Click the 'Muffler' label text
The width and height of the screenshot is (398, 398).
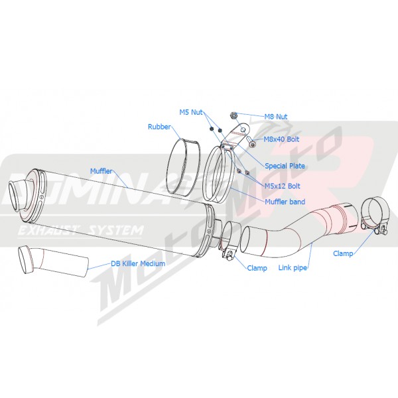(x=101, y=171)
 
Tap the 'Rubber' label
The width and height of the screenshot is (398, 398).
(x=159, y=127)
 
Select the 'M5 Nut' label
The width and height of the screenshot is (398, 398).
(x=191, y=112)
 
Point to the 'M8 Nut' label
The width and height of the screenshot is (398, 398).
(x=276, y=117)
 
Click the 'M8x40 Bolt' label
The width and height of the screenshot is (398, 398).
(x=281, y=139)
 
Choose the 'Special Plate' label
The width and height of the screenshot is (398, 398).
(x=285, y=166)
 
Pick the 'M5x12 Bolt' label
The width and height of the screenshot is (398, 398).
(x=283, y=186)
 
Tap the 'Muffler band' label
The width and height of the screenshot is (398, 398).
(x=285, y=202)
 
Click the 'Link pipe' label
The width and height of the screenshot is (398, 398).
(x=293, y=267)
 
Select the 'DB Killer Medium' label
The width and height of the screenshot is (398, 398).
(x=138, y=263)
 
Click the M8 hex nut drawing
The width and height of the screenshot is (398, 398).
(x=233, y=115)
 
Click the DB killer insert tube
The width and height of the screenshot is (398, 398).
(x=53, y=261)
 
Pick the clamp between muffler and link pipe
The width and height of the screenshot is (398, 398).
(x=230, y=241)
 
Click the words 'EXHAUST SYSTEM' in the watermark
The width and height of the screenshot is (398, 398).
(x=81, y=230)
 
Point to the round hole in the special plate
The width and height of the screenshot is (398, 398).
(x=243, y=130)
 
